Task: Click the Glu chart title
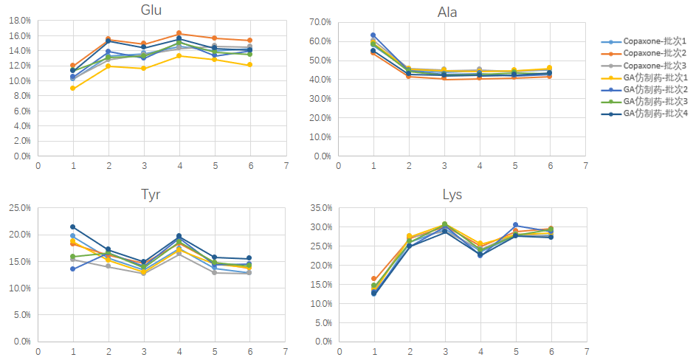pyautogui.click(x=151, y=10)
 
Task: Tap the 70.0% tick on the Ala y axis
pyautogui.click(x=318, y=22)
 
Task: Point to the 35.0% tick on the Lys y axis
pyautogui.click(x=318, y=209)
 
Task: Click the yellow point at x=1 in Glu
pyautogui.click(x=72, y=89)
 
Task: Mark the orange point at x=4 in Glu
pyautogui.click(x=179, y=33)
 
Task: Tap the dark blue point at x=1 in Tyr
pyautogui.click(x=72, y=226)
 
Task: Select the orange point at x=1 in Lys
pyautogui.click(x=373, y=279)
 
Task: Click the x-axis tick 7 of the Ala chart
pyautogui.click(x=585, y=165)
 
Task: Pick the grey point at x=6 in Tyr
pyautogui.click(x=249, y=273)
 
